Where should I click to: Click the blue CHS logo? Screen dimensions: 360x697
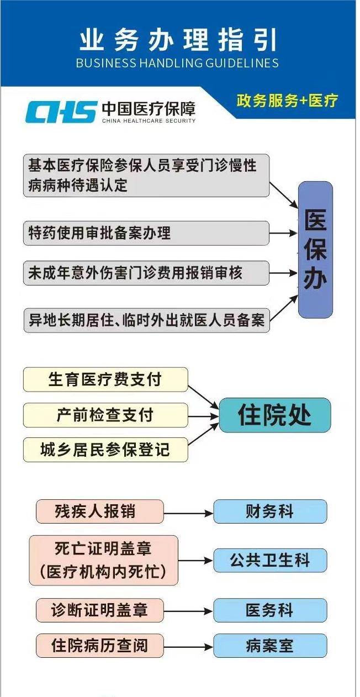tap(60, 112)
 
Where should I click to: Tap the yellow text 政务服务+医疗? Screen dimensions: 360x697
tap(287, 101)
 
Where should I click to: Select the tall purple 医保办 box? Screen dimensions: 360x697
tap(315, 250)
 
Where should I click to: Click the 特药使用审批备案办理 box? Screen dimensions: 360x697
tap(146, 233)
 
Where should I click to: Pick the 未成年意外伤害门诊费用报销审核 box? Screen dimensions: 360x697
tap(146, 273)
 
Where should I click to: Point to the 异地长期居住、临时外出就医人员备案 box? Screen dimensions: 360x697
tap(146, 320)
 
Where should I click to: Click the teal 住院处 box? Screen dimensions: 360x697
tap(275, 415)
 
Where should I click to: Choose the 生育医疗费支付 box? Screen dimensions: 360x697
tap(105, 379)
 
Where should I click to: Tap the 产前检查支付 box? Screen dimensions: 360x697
tap(105, 415)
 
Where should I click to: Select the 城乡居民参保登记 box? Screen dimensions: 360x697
tap(105, 450)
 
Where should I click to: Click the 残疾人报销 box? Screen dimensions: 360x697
tap(99, 511)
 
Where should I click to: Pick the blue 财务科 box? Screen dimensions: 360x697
tap(270, 511)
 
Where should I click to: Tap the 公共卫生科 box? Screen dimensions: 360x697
tap(270, 560)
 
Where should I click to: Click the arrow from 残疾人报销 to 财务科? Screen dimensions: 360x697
tap(188, 513)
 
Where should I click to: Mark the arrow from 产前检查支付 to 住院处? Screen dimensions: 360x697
tap(204, 416)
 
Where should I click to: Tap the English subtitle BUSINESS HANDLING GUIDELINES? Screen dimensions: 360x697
tap(177, 63)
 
